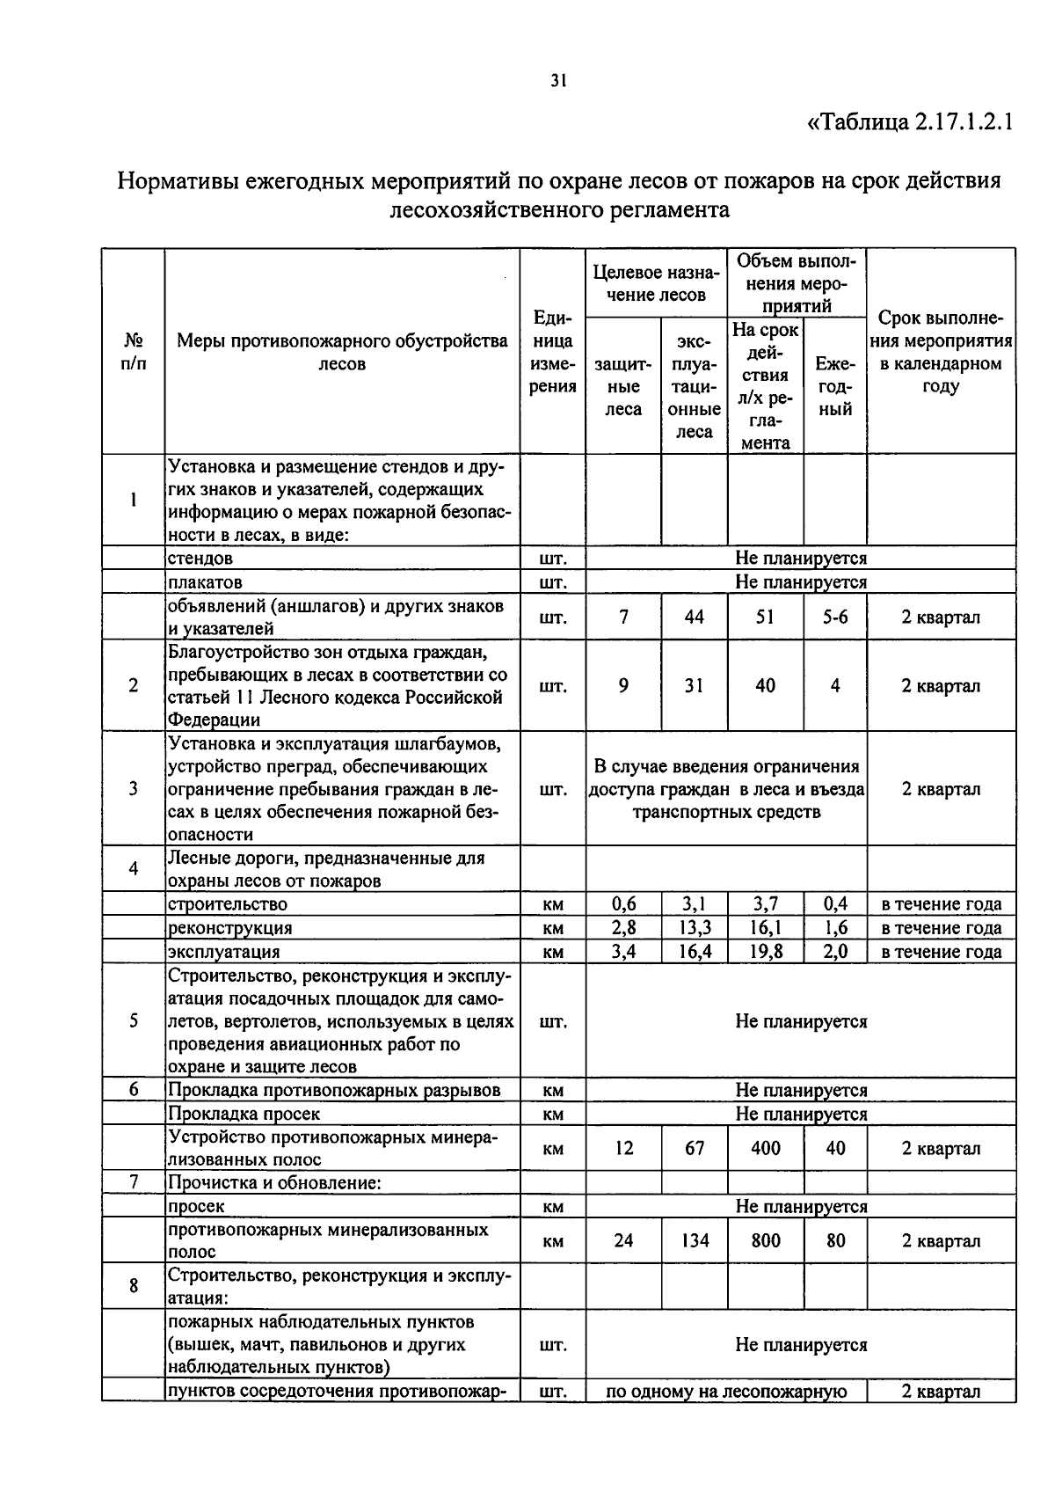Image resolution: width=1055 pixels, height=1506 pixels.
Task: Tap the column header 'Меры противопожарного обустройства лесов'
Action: [342, 352]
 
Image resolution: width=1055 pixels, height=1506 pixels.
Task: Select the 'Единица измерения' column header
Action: [553, 352]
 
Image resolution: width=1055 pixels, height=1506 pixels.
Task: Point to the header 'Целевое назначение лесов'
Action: [656, 283]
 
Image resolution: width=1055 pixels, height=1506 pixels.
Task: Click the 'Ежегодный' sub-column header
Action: [834, 386]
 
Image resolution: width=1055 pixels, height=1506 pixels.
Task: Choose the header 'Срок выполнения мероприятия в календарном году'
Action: [941, 352]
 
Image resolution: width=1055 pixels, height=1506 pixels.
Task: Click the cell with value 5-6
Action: [834, 618]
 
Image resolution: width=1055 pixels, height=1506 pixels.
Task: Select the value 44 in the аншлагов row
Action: [694, 618]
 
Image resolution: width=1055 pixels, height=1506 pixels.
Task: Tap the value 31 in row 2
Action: [694, 685]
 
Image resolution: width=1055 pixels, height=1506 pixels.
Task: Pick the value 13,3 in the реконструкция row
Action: [694, 928]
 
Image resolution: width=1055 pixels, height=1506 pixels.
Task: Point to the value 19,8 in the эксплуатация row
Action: [765, 952]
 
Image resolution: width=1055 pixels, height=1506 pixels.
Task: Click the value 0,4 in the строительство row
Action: [834, 904]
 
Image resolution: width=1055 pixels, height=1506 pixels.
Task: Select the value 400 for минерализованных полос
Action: [765, 1148]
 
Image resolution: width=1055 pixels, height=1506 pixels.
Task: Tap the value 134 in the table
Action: [694, 1240]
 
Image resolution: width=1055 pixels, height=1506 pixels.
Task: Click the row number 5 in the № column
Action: [133, 1021]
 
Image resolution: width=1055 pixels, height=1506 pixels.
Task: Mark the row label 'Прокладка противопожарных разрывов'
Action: [334, 1090]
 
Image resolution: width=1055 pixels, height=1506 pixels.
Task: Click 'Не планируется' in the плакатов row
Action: [800, 582]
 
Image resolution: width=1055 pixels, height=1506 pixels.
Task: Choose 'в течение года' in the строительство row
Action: [941, 904]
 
